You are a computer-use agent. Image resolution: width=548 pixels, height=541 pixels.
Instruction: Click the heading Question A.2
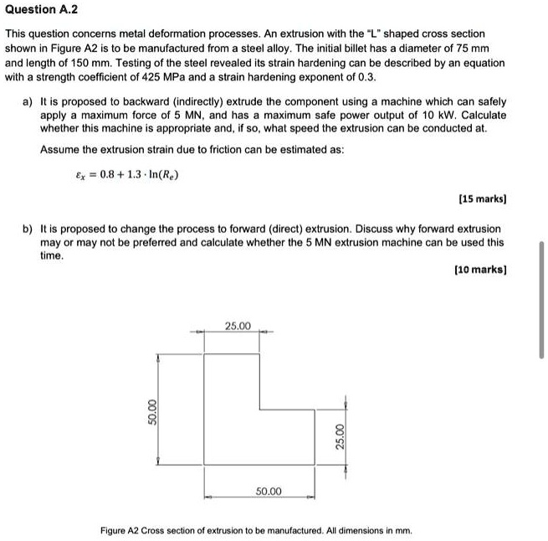tap(41, 11)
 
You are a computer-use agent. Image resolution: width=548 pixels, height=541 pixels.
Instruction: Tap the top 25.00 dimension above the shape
tap(238, 325)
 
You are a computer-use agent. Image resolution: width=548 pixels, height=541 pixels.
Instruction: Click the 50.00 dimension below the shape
tap(269, 491)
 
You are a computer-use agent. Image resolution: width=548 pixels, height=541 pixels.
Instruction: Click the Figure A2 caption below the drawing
tap(256, 530)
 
